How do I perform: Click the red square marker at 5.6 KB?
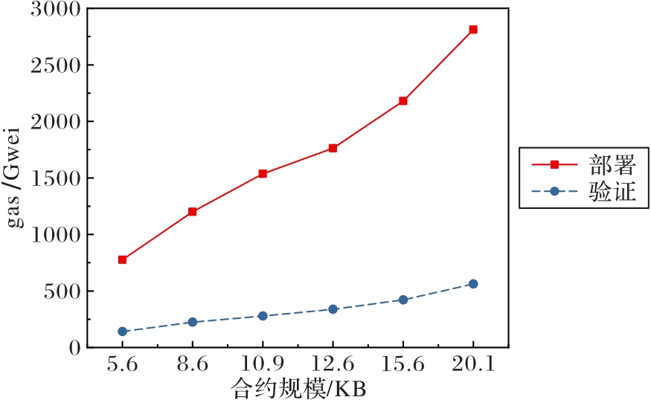click(122, 259)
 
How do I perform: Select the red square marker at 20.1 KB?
click(473, 30)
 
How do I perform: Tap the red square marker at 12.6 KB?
click(333, 148)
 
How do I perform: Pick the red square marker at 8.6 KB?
click(193, 211)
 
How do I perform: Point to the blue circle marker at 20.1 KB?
click(473, 284)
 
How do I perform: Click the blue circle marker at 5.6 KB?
click(122, 332)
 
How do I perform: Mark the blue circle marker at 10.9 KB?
click(263, 316)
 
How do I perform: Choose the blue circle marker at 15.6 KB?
click(403, 300)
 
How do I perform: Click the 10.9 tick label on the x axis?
click(263, 366)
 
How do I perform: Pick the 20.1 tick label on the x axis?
click(473, 366)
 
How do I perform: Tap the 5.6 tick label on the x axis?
click(122, 366)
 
